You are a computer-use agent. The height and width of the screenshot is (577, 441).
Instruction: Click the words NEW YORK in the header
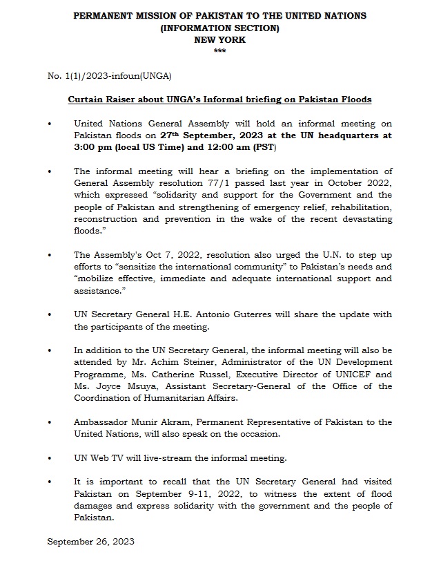219,40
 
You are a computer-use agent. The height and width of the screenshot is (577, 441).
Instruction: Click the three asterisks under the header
219,52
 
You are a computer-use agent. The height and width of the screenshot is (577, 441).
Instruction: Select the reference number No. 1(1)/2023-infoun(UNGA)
109,75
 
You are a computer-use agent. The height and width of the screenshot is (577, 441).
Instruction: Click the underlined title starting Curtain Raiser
219,100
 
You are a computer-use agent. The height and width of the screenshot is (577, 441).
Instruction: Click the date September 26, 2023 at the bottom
90,541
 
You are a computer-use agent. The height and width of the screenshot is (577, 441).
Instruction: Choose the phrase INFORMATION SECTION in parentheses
219,28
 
